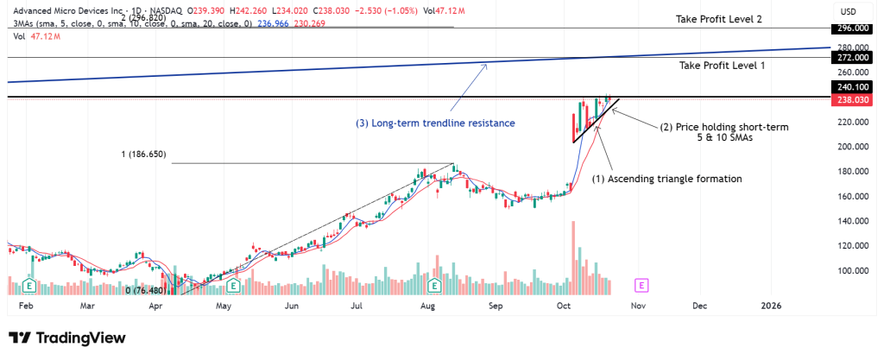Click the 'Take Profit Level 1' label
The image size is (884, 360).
coord(722,66)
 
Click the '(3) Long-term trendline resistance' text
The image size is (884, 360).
coord(435,123)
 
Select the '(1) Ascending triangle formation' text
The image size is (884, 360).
coord(666,179)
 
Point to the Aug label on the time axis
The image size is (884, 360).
coord(427,306)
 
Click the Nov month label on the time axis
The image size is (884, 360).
coord(638,306)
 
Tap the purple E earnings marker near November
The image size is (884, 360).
coord(641,284)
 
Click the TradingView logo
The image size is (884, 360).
coord(67,338)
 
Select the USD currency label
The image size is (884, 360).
coord(850,11)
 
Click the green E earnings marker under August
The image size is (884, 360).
coord(434,284)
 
